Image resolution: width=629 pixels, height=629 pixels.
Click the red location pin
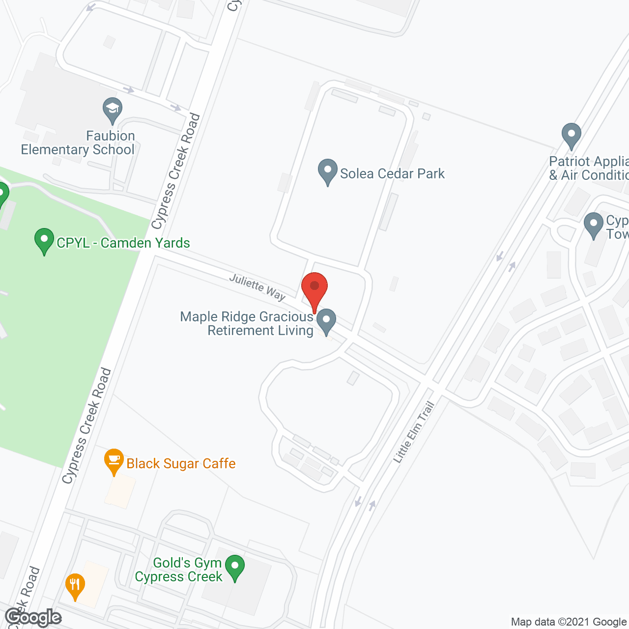pos(314,290)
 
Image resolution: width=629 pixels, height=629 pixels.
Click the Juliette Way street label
pos(257,287)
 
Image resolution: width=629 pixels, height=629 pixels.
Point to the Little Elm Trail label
pos(414,432)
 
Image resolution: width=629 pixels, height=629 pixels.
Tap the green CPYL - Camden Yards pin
pos(44,240)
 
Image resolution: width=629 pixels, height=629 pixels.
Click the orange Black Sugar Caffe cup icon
pos(114,460)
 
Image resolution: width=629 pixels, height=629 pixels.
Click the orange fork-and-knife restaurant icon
pos(75,585)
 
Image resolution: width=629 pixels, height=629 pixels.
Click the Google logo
pos(33,617)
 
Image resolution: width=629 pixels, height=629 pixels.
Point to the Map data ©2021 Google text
pos(569,622)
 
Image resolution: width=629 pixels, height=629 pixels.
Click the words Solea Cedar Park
pos(392,173)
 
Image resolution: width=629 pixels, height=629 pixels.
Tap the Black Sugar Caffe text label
pos(181,463)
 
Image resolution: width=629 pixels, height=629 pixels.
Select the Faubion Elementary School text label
pos(78,143)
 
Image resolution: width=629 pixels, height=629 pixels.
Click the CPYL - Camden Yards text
pos(123,243)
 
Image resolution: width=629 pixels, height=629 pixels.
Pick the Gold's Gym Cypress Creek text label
pos(179,570)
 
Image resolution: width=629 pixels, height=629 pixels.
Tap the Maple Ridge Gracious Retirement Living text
pos(247,323)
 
